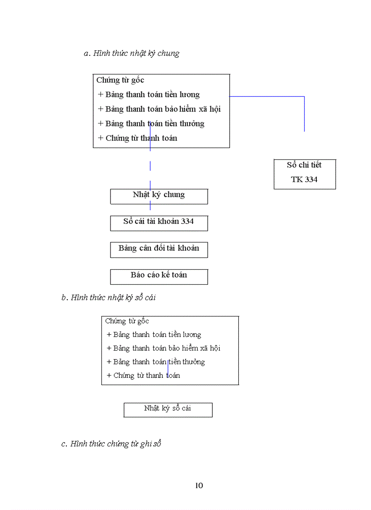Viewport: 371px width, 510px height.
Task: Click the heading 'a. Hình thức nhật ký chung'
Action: click(131, 54)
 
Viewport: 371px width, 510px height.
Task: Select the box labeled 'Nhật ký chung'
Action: click(159, 195)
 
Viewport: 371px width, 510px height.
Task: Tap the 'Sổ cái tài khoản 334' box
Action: click(159, 222)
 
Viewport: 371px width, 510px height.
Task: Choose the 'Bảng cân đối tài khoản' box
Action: click(159, 249)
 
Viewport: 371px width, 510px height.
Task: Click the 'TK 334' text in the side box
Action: click(304, 180)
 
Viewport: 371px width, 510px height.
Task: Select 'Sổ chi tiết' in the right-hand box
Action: click(304, 165)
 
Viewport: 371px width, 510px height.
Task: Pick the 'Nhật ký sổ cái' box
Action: click(167, 409)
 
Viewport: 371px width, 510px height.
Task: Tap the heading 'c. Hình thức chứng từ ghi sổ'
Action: click(111, 444)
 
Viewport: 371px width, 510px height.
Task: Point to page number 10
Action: click(199, 485)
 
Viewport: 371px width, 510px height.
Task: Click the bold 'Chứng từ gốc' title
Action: click(120, 80)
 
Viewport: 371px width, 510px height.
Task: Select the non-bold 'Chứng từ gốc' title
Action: click(127, 321)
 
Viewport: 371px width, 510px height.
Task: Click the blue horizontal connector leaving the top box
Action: click(266, 97)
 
